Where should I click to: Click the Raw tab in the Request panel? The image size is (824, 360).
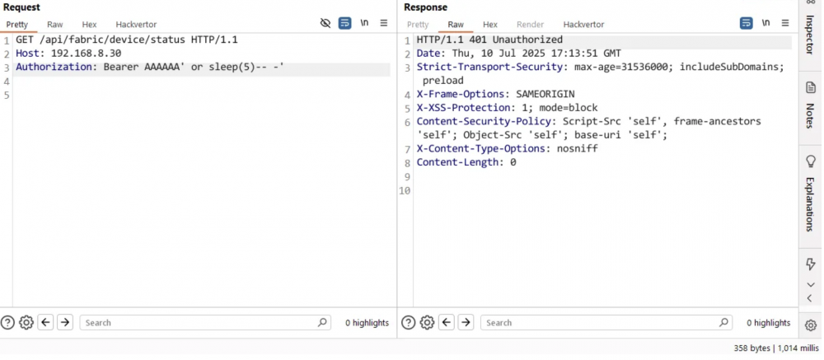(x=54, y=24)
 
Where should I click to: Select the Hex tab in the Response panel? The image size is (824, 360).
(x=489, y=24)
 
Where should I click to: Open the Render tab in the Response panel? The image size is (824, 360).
(x=530, y=24)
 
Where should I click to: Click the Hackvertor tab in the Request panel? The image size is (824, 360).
(x=136, y=24)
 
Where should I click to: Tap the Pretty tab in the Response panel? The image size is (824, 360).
(x=418, y=24)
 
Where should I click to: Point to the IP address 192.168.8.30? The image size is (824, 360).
(x=87, y=53)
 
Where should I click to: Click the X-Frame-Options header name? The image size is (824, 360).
(x=461, y=94)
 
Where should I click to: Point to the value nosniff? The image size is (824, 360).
(x=578, y=149)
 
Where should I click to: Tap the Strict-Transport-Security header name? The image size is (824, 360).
(x=489, y=67)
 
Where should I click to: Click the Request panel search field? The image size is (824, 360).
(x=205, y=323)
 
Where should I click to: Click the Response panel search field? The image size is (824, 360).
(x=606, y=323)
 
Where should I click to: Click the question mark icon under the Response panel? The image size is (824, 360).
(x=409, y=323)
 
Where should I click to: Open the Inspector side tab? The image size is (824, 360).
(x=810, y=34)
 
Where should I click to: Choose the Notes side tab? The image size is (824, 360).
(x=810, y=106)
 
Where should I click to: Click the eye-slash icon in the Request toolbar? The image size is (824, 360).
(x=325, y=23)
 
